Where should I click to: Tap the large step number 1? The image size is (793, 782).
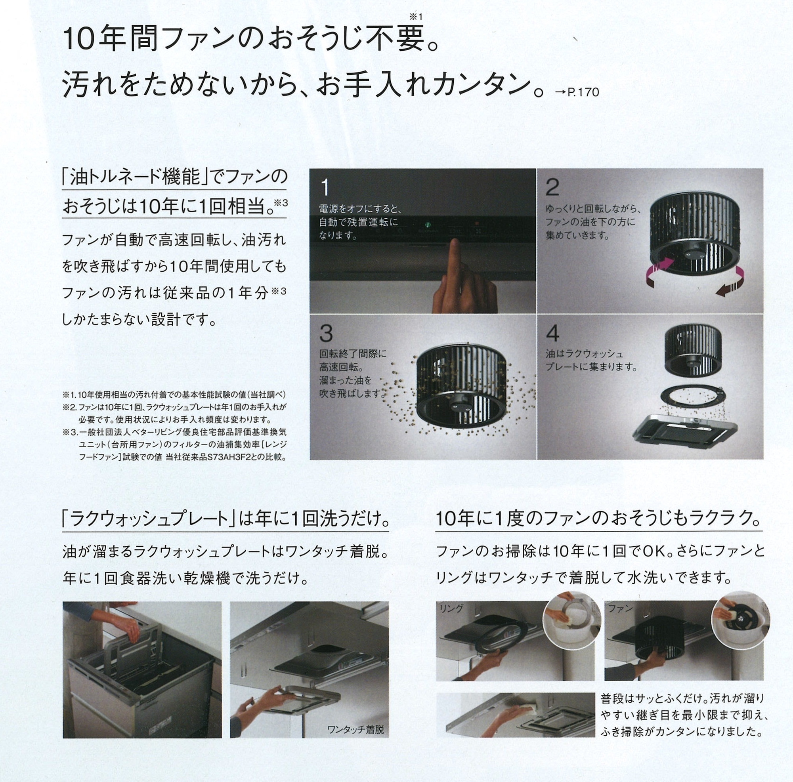(x=325, y=188)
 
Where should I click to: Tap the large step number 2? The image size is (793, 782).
(x=552, y=187)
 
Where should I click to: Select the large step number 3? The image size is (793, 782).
(x=326, y=334)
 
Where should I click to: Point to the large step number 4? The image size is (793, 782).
(x=553, y=333)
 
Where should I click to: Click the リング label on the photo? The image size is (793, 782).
(x=451, y=608)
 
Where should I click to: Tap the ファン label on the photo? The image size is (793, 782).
(x=621, y=608)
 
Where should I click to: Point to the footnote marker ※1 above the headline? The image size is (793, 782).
(x=415, y=16)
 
